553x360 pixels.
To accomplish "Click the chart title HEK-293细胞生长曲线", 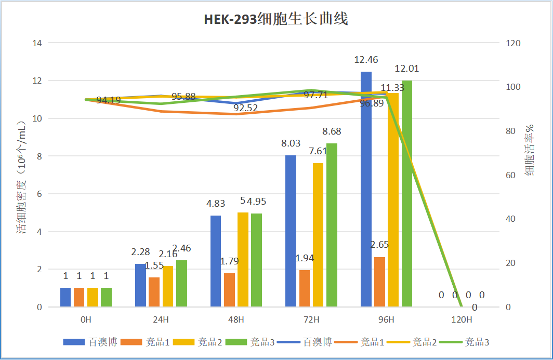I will pyautogui.click(x=275, y=19).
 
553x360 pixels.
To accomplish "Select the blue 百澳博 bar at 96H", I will pyautogui.click(x=366, y=189).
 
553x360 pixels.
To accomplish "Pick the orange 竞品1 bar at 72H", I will pyautogui.click(x=305, y=288).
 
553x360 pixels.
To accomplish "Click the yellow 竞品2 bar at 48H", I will pyautogui.click(x=243, y=260).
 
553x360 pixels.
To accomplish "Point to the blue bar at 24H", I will pyautogui.click(x=140, y=285).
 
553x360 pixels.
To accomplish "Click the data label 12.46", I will pyautogui.click(x=366, y=60).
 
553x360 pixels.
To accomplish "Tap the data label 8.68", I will pyautogui.click(x=332, y=131).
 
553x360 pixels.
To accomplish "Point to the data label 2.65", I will pyautogui.click(x=379, y=245).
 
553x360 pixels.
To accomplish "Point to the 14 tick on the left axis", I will pyautogui.click(x=37, y=43).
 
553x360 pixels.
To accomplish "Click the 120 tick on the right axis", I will pyautogui.click(x=513, y=43).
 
